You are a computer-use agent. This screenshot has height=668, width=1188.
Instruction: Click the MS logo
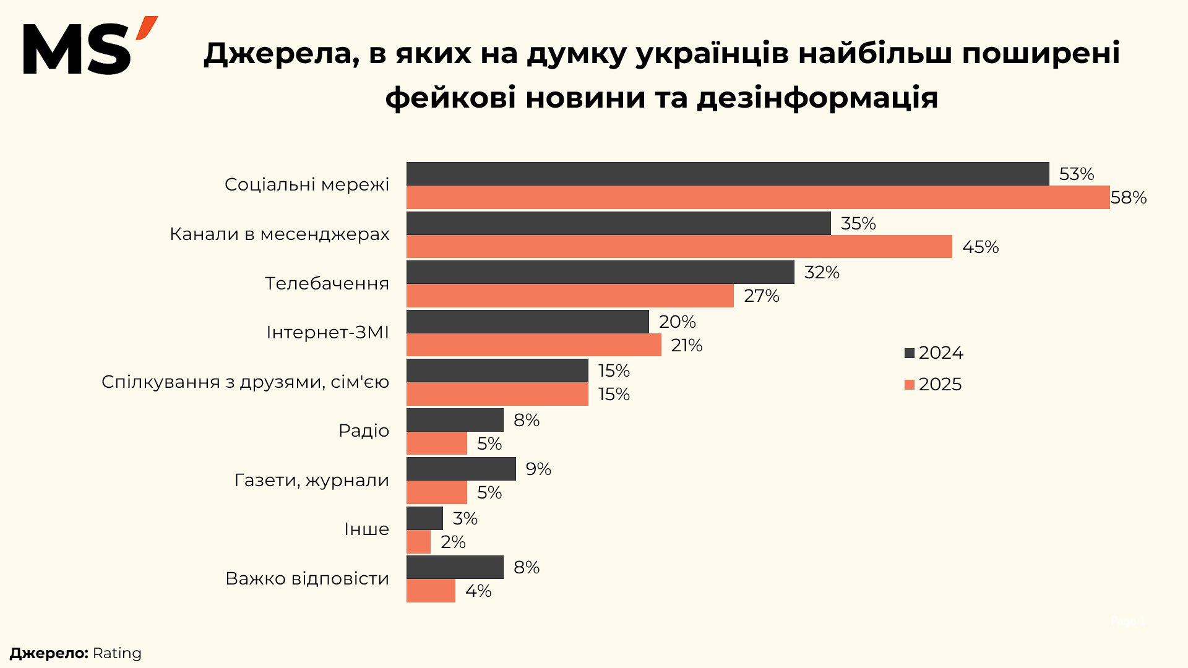90,46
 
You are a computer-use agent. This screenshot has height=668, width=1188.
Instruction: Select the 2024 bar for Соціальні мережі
728,174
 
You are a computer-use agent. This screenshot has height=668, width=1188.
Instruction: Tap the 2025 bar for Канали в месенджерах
679,247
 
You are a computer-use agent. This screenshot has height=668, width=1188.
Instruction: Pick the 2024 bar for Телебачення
600,272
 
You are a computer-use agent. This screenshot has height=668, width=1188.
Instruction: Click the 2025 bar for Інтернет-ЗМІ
533,345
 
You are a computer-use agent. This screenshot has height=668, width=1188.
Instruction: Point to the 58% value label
1128,198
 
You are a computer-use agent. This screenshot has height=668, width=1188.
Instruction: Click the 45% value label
980,247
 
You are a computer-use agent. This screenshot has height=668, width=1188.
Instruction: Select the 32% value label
822,273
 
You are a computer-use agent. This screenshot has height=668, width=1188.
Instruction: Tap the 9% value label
538,469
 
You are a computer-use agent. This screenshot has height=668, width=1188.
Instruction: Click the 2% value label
453,542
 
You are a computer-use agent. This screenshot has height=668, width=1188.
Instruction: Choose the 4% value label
478,591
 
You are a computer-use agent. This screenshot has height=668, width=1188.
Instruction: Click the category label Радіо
364,430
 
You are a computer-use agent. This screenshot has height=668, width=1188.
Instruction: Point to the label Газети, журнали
312,480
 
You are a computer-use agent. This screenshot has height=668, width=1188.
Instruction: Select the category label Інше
366,529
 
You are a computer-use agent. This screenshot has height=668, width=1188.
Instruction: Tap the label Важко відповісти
308,578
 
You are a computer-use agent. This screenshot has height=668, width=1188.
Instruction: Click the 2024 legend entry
934,353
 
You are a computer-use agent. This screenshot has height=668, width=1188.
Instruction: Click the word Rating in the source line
117,654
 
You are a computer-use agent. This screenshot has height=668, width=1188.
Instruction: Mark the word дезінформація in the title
817,98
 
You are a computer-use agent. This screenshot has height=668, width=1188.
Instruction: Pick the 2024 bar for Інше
424,518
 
